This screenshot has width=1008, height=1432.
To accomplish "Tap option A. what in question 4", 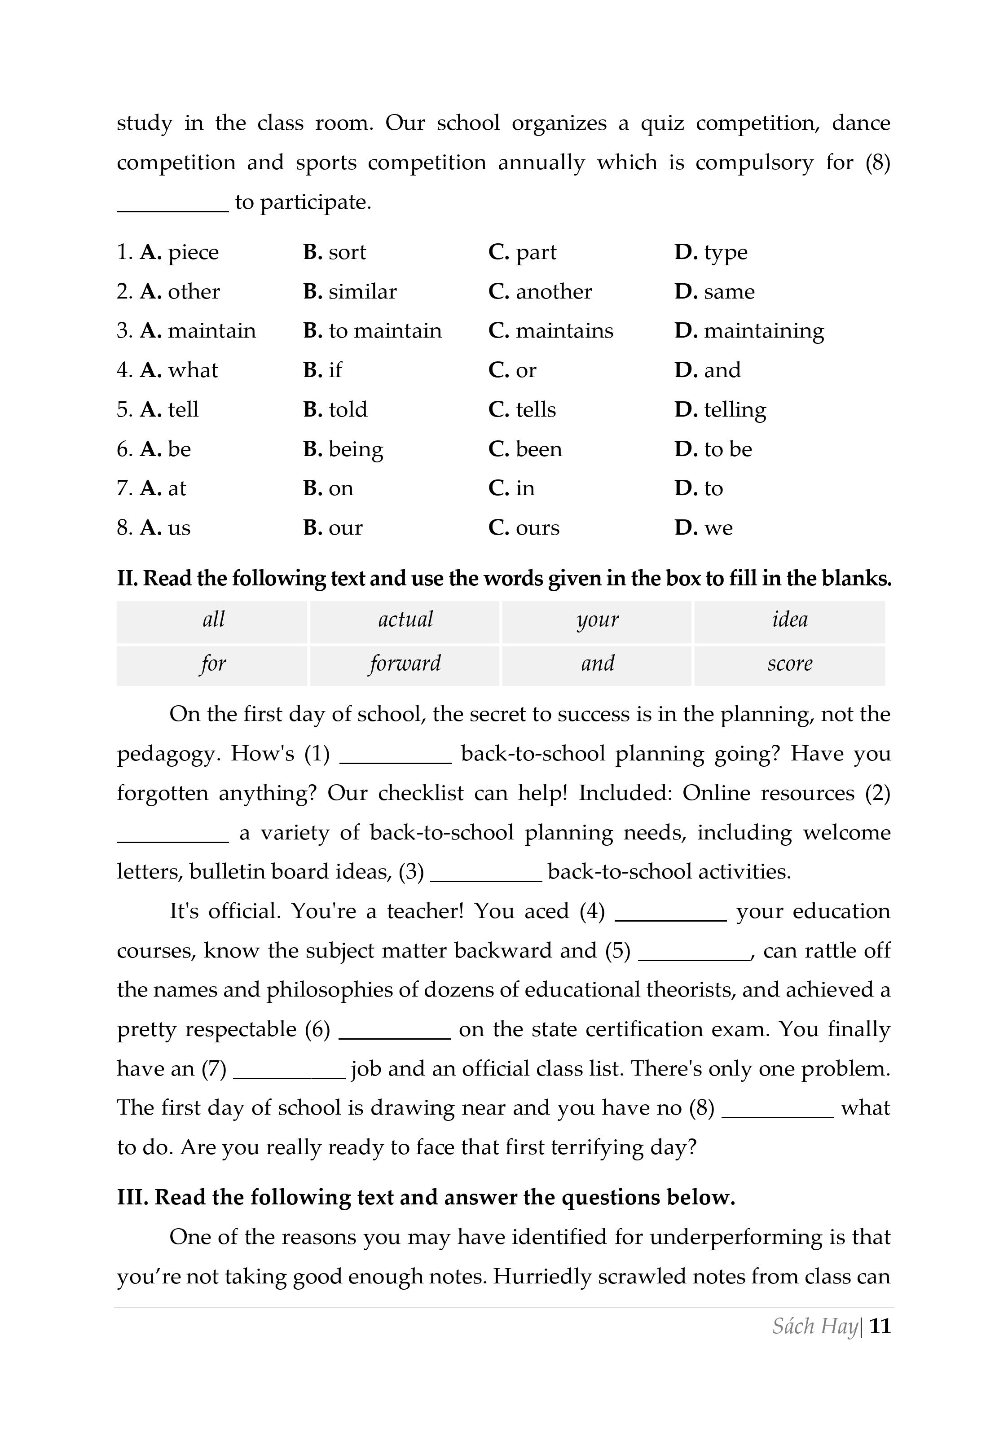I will pyautogui.click(x=179, y=370).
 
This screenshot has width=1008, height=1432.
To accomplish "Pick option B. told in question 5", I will pyautogui.click(x=335, y=410).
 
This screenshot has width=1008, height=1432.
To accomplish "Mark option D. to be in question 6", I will pyautogui.click(x=713, y=449).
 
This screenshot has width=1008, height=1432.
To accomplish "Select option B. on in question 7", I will pyautogui.click(x=328, y=488).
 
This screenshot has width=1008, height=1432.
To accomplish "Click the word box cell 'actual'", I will pyautogui.click(x=405, y=619).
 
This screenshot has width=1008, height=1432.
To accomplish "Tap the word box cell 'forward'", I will pyautogui.click(x=405, y=663).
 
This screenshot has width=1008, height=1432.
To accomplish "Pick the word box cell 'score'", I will pyautogui.click(x=790, y=663).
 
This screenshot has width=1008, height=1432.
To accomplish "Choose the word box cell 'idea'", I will pyautogui.click(x=790, y=619).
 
